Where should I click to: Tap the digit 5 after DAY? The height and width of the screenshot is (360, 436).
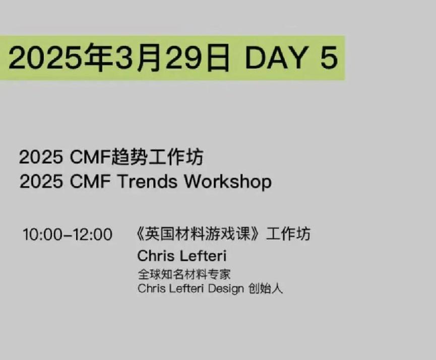[x=329, y=58]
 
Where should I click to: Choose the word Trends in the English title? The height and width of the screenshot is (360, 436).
[x=147, y=182]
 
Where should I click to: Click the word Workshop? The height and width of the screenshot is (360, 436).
[x=228, y=182]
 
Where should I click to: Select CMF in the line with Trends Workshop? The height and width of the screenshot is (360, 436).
[x=90, y=182]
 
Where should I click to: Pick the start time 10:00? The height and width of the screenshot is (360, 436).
[x=42, y=234]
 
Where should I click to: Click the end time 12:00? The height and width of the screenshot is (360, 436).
[x=93, y=234]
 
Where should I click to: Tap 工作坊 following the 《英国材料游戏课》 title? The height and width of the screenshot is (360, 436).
[x=288, y=234]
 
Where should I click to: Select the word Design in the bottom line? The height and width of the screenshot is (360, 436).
[x=226, y=289]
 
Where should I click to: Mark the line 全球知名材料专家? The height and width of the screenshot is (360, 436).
[x=184, y=274]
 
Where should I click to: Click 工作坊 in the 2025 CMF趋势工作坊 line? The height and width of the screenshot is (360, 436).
[x=176, y=157]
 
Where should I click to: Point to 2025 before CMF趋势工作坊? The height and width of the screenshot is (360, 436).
[x=41, y=157]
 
